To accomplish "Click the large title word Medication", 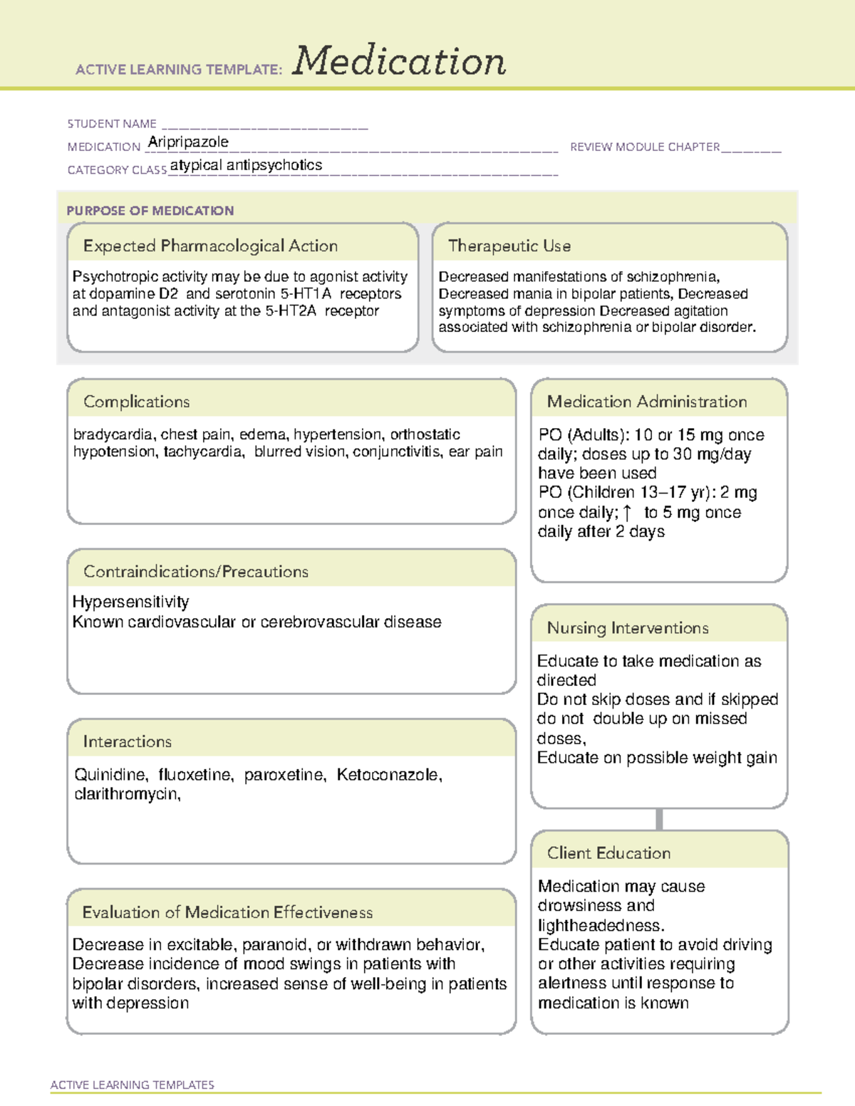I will (399, 61).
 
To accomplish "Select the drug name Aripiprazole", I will (188, 142).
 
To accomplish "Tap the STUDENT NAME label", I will (112, 124).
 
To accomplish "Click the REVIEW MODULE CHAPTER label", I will (645, 147).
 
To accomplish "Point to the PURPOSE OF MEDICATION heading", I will (150, 211).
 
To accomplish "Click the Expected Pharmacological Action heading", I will (210, 246).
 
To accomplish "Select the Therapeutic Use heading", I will (509, 246).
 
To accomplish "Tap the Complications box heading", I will (137, 402).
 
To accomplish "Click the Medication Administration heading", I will (647, 402).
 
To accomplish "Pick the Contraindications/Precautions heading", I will (196, 571).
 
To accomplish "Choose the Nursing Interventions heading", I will (628, 627).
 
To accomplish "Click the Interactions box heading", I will (128, 741).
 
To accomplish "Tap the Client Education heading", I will (609, 852).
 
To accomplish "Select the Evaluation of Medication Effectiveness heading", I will (227, 912).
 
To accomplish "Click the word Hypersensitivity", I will (131, 602).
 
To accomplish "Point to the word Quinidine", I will (111, 775).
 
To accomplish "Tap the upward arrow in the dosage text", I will (627, 512).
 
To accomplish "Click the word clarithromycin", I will (127, 794).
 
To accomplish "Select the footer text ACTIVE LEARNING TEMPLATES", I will (133, 1085).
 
